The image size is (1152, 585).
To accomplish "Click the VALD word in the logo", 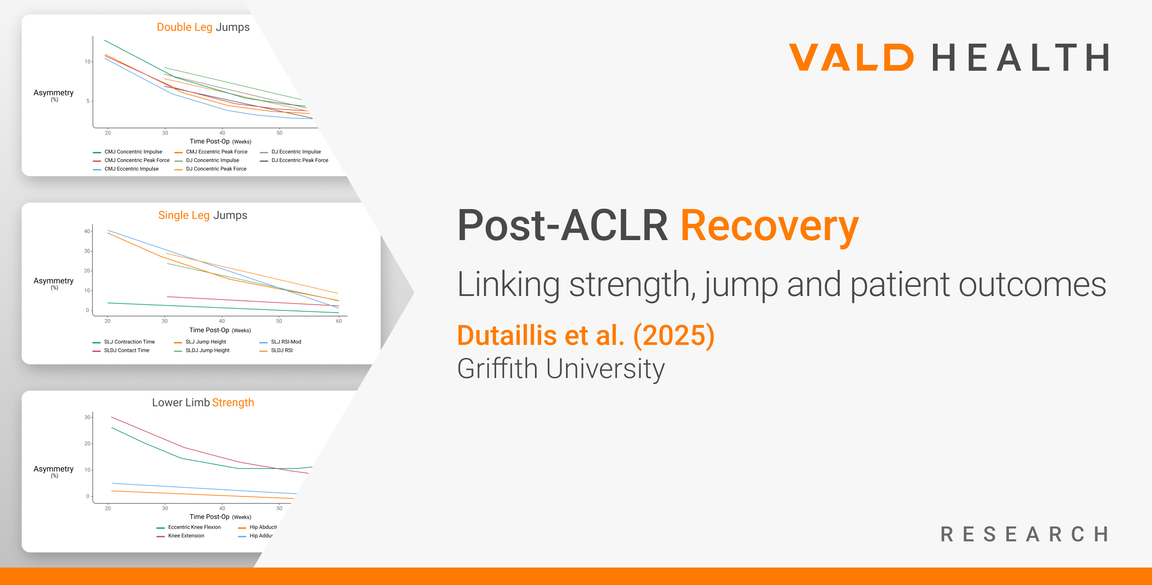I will pos(851,57).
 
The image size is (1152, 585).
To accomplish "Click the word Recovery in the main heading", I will pos(769,226).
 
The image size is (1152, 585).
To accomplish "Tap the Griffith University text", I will pos(560,368).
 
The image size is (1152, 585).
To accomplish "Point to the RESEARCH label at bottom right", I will pos(1025,534).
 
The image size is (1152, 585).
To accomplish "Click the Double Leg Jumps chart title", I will pos(203,27).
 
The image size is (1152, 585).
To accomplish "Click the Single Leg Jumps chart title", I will pos(202,215).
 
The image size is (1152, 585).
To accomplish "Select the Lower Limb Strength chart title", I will pos(202,403).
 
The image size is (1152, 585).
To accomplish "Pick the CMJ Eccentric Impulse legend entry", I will pos(131,169).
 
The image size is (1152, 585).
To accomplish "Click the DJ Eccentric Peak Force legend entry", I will pos(299,160).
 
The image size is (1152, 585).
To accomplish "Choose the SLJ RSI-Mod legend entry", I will pos(285,342).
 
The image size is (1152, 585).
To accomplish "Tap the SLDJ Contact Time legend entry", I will pos(126,351).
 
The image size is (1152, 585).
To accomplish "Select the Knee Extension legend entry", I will pos(185,536).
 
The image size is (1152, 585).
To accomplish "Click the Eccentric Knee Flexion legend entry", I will pos(194,527).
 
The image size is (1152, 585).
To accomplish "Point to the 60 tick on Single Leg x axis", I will pos(339,321).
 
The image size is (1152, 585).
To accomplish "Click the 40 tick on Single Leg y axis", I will pos(87,231).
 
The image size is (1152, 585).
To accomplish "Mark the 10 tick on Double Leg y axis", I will pos(87,62).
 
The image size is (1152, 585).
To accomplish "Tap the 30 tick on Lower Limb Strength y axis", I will pos(87,417).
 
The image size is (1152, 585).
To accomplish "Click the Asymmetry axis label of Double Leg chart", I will pos(53,93).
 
